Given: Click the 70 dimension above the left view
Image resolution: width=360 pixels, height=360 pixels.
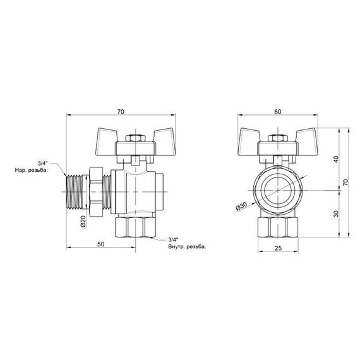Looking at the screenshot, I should coord(121,111).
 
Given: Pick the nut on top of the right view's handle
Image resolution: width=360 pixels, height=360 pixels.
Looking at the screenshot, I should coord(279,137).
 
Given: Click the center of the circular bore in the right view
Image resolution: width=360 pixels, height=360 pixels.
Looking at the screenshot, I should coord(279,190).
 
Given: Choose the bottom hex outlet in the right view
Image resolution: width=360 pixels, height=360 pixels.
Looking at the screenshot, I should coord(279,226).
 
